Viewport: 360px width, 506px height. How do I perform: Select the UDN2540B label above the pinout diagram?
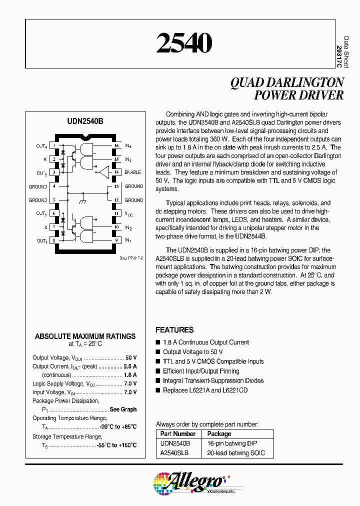85,121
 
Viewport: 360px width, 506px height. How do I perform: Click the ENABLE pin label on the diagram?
132,172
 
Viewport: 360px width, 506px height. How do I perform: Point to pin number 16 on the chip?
116,146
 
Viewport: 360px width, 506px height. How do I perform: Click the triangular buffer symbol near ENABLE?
103,172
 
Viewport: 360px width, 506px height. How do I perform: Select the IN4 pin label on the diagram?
128,146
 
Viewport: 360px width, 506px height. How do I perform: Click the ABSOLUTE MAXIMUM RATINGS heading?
85,336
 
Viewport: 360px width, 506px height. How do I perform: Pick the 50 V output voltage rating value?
131,358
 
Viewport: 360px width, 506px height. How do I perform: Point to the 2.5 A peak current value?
130,366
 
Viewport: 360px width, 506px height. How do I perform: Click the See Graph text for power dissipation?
123,409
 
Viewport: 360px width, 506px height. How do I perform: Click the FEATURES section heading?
174,330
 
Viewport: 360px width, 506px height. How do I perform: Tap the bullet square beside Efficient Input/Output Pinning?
158,371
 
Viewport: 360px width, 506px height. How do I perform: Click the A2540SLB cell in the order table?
174,453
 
